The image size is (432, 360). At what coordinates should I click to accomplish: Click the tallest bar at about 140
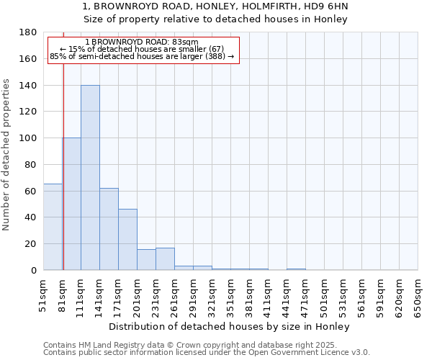click(90, 178)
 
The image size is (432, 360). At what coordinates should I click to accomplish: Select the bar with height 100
click(72, 204)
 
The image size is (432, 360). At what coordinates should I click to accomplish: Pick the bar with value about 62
click(109, 229)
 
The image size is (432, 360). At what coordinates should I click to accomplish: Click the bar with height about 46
click(127, 240)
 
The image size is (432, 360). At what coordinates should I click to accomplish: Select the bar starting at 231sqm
click(165, 259)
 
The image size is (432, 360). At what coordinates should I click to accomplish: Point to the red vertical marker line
click(63, 158)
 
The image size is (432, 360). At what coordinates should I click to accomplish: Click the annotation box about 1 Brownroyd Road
click(143, 50)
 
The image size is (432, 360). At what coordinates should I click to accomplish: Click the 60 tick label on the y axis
click(32, 191)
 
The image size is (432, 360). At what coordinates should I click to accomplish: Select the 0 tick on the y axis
click(34, 270)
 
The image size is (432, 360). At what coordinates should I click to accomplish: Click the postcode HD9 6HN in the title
click(330, 6)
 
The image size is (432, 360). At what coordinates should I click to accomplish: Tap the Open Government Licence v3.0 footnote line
click(207, 353)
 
